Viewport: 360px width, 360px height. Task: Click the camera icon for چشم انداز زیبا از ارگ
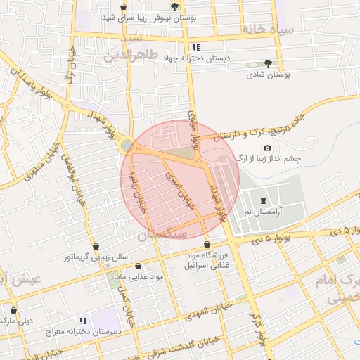pos(267,148)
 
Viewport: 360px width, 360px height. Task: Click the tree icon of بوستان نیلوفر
pos(174,6)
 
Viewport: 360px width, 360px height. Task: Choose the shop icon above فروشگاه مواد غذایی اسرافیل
pos(207,243)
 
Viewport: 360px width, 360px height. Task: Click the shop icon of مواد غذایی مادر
pos(137,266)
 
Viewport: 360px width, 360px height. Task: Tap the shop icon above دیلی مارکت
pos(13,309)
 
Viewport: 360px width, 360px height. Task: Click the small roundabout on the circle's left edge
pos(127,146)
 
